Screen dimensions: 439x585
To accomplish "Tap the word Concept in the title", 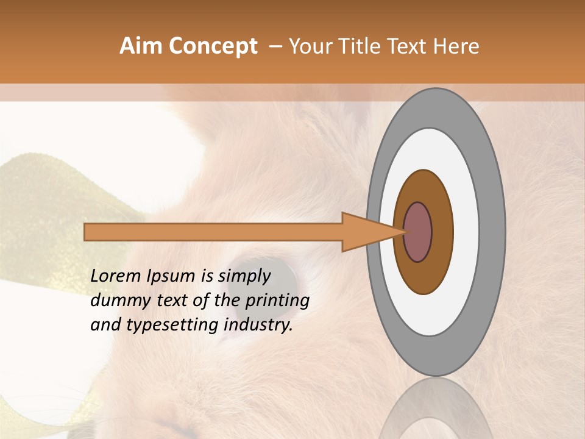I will point(213,46).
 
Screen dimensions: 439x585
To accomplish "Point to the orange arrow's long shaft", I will point(213,232).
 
